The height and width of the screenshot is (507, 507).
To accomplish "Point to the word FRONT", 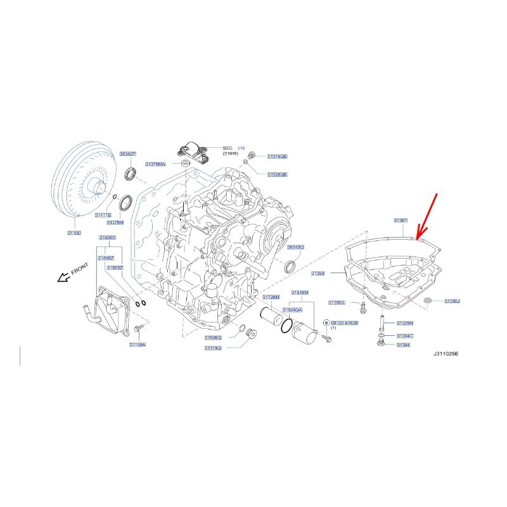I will click(x=80, y=271).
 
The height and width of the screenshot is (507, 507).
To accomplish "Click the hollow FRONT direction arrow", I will click(x=63, y=277).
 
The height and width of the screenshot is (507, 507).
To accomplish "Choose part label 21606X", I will click(x=106, y=237).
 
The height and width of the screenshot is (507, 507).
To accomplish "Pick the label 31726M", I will click(x=271, y=297).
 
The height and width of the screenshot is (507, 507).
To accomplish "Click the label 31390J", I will click(x=452, y=301).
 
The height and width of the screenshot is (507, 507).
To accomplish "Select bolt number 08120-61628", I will click(x=345, y=323).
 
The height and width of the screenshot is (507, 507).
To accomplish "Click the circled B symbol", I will click(x=326, y=323).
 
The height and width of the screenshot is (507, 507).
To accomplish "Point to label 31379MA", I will click(x=155, y=164).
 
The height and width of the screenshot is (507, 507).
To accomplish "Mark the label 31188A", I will click(x=138, y=345).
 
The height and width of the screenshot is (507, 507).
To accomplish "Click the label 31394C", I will click(x=404, y=336).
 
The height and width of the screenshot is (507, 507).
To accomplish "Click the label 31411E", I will click(x=103, y=215).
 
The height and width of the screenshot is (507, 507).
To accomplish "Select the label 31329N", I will click(x=404, y=323).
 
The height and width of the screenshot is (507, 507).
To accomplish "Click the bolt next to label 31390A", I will click(x=361, y=309).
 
